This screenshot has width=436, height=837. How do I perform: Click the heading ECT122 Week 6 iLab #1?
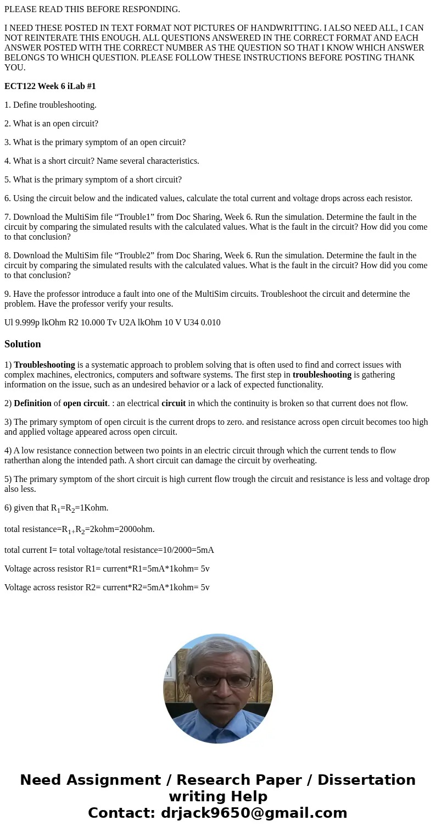coord(50,86)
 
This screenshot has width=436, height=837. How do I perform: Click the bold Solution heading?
coord(23,344)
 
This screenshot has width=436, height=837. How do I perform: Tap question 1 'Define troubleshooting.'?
coord(51,105)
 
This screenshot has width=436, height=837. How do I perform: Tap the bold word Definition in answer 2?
coord(32,403)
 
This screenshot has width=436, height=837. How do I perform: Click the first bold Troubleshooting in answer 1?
coord(44,365)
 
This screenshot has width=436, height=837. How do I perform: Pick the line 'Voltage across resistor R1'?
coord(107,569)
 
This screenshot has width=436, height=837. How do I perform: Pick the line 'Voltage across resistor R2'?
coord(107,587)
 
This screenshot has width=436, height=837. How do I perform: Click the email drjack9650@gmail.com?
coord(254,813)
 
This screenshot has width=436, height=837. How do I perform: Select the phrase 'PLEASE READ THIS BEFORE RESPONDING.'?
coord(92,9)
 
